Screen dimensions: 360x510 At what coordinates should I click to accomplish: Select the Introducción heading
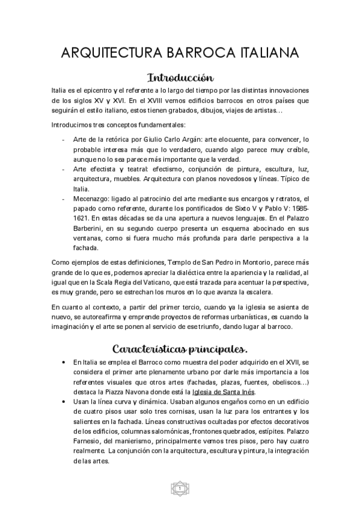pyautogui.click(x=180, y=78)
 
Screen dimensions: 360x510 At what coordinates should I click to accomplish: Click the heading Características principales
pyautogui.click(x=180, y=349)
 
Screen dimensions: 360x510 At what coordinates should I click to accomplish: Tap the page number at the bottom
pyautogui.click(x=180, y=488)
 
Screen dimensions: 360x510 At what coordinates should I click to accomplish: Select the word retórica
pyautogui.click(x=119, y=139)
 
